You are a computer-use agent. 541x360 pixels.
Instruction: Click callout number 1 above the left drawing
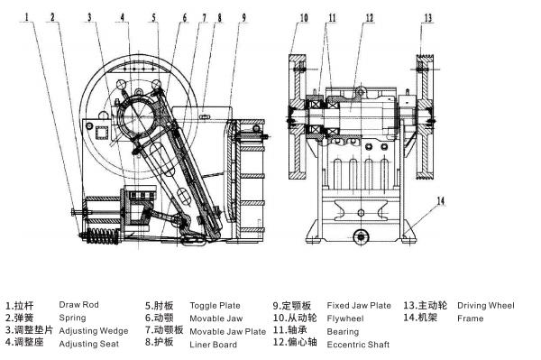coord(27,16)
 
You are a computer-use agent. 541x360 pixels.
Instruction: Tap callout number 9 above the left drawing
coord(243,16)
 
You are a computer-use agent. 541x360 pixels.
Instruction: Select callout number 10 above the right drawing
coord(303,16)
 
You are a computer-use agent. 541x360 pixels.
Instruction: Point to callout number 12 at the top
coord(370,16)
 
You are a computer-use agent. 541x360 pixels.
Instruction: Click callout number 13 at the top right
coord(427,16)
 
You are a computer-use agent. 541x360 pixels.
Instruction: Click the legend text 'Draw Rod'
coord(78,305)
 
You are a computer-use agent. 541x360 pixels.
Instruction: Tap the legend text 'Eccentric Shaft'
coord(357,345)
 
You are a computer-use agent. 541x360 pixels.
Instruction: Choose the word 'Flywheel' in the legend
coord(345,318)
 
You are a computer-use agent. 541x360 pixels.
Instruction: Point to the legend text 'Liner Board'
coord(213,345)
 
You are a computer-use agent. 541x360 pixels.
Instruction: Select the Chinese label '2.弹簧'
coord(20,318)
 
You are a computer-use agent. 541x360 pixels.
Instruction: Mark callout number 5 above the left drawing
coord(154,16)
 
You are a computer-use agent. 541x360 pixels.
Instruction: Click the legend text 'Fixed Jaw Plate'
coord(359,305)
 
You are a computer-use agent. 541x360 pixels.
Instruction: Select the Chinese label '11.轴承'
coord(291,331)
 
